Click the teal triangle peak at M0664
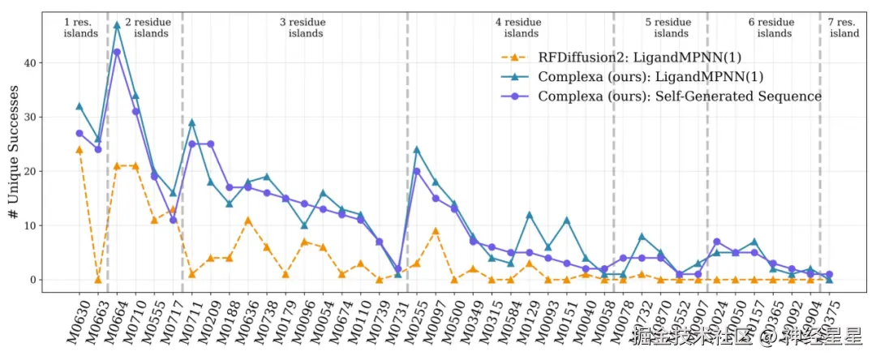(x=117, y=25)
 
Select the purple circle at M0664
(x=117, y=52)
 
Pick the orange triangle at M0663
(x=98, y=280)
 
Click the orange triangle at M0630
(x=79, y=149)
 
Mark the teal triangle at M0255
(x=417, y=149)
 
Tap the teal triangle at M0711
(x=192, y=122)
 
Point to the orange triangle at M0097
(x=436, y=231)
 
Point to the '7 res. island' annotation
(x=844, y=28)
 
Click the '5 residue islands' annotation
(x=670, y=28)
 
